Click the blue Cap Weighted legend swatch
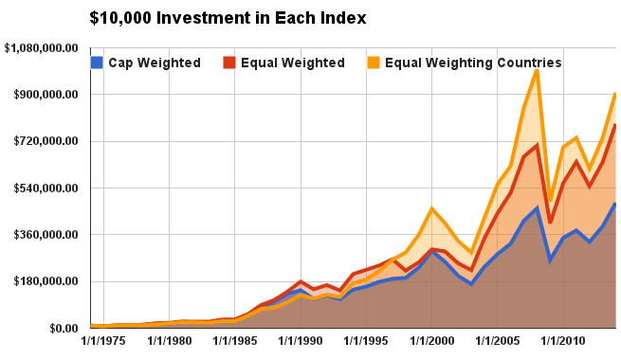(x=97, y=63)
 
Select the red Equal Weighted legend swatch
(x=229, y=63)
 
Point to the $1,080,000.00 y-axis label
(x=44, y=48)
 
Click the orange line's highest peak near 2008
(x=537, y=69)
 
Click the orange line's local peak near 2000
(x=431, y=207)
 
